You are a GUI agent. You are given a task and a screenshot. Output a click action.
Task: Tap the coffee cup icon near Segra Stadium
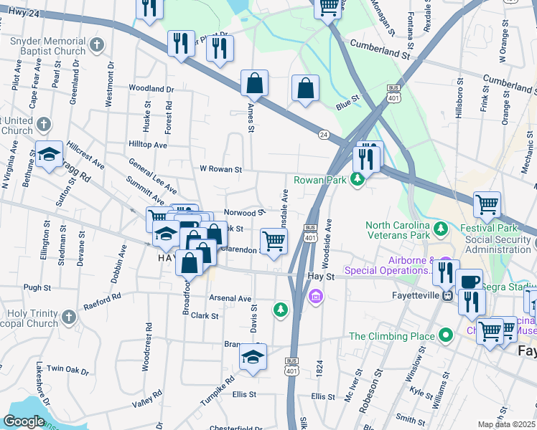[469, 281]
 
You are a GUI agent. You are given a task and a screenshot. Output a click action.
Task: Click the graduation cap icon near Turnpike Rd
[253, 356]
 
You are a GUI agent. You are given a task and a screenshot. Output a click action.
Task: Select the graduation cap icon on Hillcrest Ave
[49, 155]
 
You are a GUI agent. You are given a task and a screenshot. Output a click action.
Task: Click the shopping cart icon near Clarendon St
[274, 241]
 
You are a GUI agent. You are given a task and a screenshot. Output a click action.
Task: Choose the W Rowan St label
[220, 169]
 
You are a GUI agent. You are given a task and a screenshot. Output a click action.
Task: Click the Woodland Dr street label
[151, 89]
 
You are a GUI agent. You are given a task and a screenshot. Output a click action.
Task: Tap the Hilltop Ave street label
[147, 144]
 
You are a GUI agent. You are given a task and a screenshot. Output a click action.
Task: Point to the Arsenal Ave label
[230, 298]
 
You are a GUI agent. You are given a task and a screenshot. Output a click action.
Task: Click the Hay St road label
[321, 275]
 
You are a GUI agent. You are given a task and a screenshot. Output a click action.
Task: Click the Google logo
[24, 421]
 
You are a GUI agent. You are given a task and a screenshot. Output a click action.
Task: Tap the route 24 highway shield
[323, 134]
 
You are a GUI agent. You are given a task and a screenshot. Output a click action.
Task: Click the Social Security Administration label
[500, 244]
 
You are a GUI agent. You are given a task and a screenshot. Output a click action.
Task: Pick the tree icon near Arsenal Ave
[280, 310]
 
